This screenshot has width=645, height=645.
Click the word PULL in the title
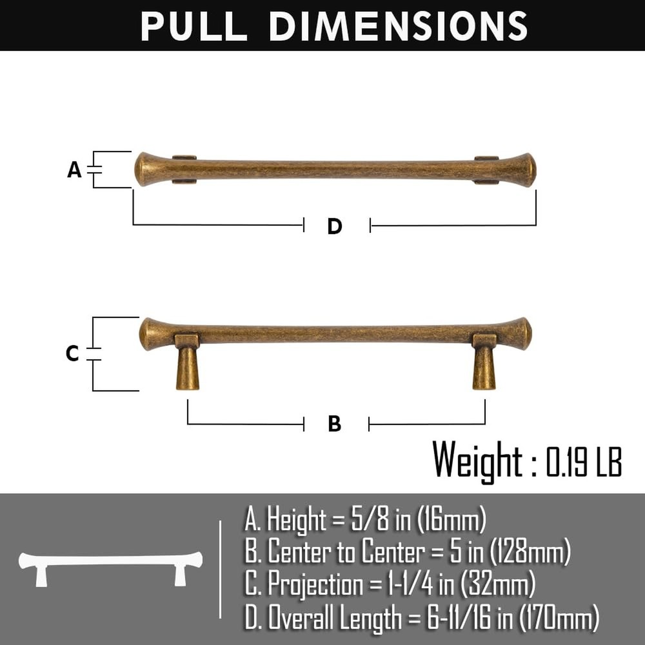point(194,26)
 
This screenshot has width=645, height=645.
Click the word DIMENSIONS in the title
point(398,26)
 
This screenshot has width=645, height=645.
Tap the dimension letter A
point(74,170)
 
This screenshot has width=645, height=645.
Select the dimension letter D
point(335,226)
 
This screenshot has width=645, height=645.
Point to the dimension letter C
point(72,353)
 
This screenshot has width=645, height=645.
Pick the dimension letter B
point(335,424)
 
